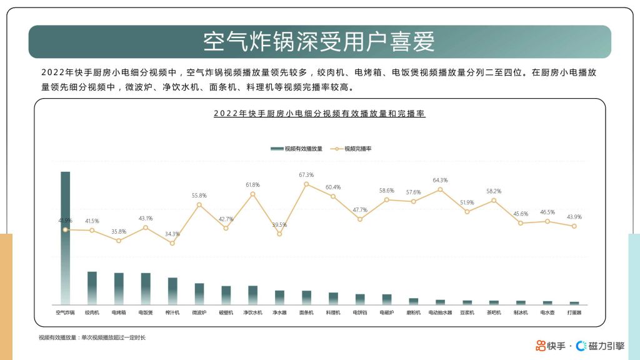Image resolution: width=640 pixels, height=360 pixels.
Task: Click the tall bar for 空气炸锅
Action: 65,237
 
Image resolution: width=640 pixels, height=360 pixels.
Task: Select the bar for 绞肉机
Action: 92,288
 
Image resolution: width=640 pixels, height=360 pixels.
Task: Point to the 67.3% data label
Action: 306,175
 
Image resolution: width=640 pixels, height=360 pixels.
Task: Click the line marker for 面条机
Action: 306,184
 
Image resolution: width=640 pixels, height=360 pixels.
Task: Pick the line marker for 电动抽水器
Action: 440,189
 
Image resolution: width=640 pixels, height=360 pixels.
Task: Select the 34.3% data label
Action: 172,234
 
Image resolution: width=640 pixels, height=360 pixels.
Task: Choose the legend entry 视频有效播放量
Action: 297,149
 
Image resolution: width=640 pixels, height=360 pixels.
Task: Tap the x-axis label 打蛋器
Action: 574,312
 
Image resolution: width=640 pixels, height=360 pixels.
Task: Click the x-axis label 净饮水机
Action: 252,312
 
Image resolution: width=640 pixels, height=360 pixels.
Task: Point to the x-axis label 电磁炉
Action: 387,312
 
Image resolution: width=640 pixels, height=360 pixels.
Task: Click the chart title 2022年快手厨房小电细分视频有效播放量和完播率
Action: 319,114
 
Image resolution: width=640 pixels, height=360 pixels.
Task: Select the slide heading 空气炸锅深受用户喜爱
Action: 319,42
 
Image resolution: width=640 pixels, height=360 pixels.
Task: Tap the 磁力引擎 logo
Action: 600,346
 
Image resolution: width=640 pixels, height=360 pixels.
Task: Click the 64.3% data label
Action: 440,180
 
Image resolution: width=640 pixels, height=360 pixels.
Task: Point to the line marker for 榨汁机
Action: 172,242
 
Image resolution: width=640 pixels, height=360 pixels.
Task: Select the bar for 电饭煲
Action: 146,289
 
